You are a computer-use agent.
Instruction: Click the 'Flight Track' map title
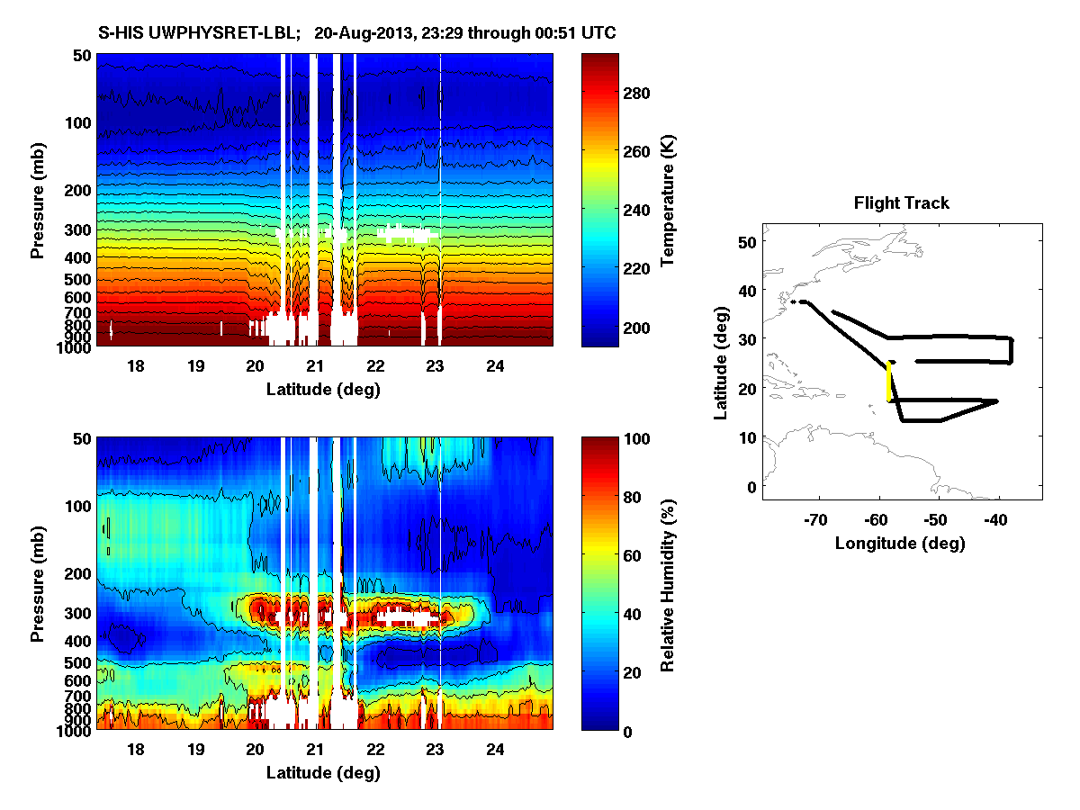pyautogui.click(x=901, y=203)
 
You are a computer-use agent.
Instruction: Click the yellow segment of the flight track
pyautogui.click(x=890, y=382)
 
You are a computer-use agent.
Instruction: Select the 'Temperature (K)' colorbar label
pyautogui.click(x=668, y=201)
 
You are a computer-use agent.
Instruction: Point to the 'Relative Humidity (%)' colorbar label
pyautogui.click(x=668, y=584)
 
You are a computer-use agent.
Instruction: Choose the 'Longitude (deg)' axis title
pyautogui.click(x=900, y=543)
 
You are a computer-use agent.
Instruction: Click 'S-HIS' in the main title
pyautogui.click(x=121, y=33)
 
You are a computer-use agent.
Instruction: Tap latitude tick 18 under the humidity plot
pyautogui.click(x=136, y=749)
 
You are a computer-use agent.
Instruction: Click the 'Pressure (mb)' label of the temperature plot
pyautogui.click(x=38, y=200)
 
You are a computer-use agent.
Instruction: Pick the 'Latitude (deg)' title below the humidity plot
pyautogui.click(x=324, y=773)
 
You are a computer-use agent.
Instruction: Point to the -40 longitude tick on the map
pyautogui.click(x=996, y=518)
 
